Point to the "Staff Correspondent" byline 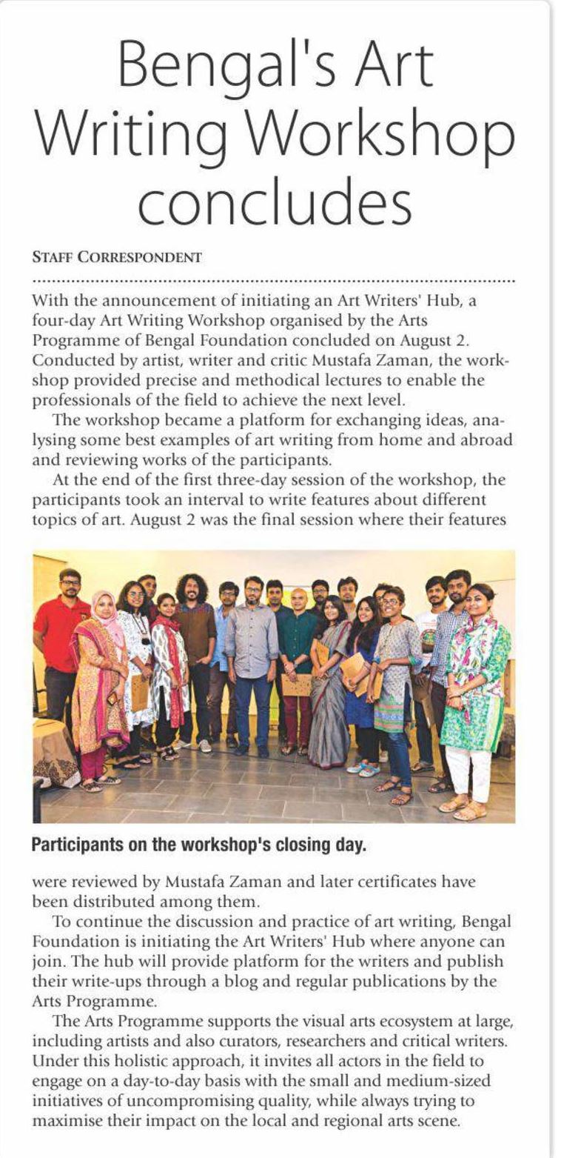point(117,258)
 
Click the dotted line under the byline point(274,282)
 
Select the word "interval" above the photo point(241,499)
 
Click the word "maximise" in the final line point(68,1121)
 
